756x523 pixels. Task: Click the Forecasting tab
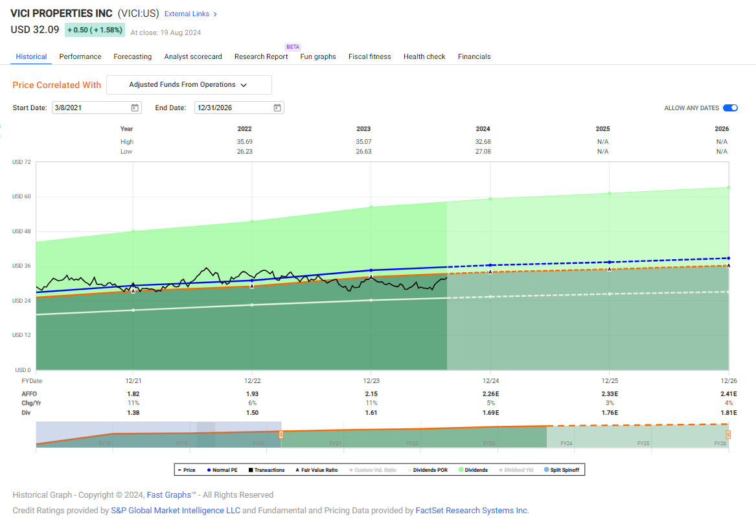132,56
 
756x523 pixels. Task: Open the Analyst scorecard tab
192,56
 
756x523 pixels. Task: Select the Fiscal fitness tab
369,56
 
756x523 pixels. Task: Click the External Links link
190,14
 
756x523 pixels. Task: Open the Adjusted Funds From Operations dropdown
189,85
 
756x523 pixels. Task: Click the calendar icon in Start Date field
135,108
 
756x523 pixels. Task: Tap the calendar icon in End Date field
277,108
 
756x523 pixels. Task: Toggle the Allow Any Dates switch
730,108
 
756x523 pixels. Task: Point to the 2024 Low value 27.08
483,151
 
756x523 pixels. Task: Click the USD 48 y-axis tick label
22,231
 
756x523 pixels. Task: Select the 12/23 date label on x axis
371,381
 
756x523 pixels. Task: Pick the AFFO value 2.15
371,393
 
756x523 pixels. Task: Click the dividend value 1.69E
490,412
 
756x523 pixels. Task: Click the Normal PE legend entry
221,470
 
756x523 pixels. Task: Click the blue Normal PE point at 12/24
490,265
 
